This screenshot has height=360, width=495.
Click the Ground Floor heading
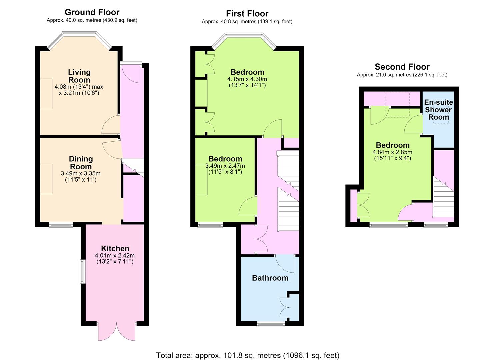pos(92,12)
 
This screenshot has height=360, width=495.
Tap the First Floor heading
pos(247,14)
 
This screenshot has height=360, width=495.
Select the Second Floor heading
pos(402,67)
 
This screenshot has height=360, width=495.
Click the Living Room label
pos(79,76)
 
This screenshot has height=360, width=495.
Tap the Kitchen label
pos(115,248)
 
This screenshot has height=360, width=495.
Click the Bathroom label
pos(270,278)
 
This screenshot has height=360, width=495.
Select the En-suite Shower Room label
pos(438,110)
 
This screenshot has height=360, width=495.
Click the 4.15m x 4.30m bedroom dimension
pos(247,82)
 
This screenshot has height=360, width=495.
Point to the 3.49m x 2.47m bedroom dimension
pos(225,169)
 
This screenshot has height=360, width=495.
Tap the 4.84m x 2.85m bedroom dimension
pos(392,155)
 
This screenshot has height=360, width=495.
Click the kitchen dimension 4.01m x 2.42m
pos(115,258)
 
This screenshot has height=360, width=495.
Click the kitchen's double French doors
pos(117,331)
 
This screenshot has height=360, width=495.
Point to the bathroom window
pos(271,324)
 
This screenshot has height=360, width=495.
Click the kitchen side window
pos(82,271)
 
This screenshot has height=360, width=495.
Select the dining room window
pos(61,225)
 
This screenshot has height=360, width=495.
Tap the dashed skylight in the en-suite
pos(441,111)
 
